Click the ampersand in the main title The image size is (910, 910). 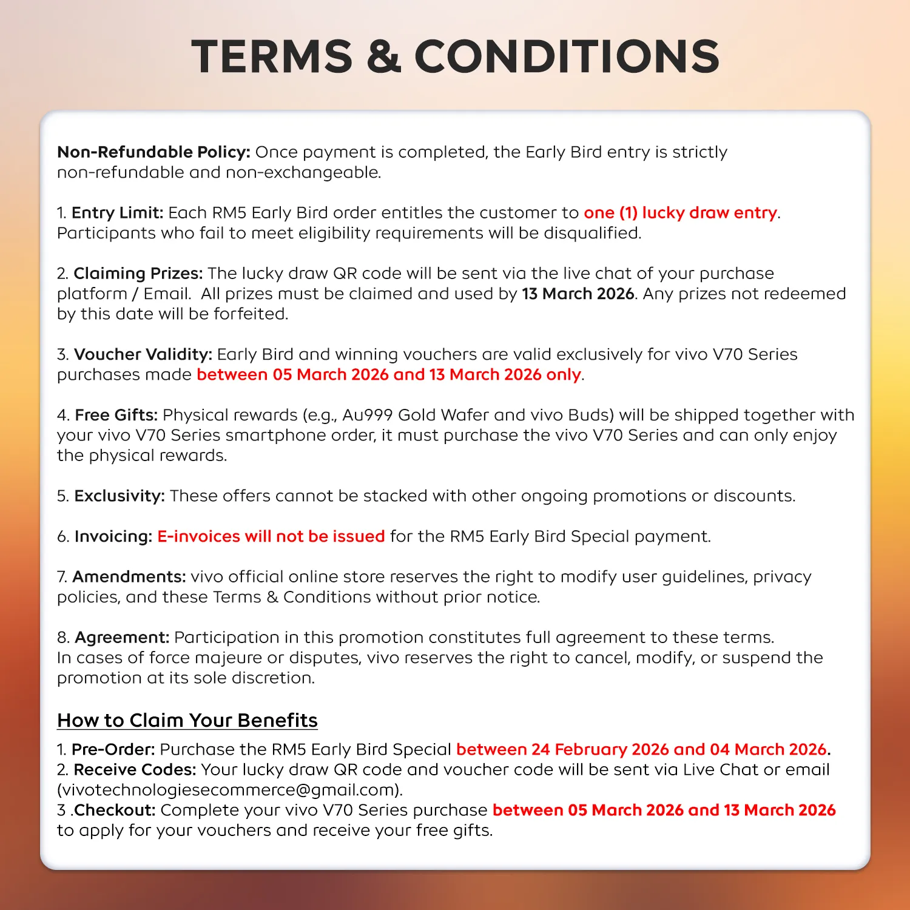coord(383,56)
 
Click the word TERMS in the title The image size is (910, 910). coord(272,56)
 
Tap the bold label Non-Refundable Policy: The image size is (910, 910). coord(153,152)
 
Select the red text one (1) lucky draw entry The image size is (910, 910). coord(680,213)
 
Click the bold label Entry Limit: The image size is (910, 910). coord(117,213)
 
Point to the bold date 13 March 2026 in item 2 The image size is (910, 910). coord(578,294)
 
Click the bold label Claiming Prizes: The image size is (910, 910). coord(138,274)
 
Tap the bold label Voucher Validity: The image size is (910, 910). coord(143,354)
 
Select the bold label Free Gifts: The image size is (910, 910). coord(116,415)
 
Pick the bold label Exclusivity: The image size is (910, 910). coord(120,496)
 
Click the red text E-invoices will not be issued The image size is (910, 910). coord(271,536)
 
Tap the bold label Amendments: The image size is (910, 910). coord(129,577)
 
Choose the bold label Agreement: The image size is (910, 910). coord(121,638)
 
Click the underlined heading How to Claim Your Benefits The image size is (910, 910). coord(187,720)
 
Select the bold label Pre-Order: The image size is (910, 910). coord(113,750)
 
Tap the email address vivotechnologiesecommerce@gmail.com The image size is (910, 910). coord(229,790)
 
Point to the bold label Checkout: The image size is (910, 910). coord(115,811)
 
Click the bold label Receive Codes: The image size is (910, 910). coord(135,770)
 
